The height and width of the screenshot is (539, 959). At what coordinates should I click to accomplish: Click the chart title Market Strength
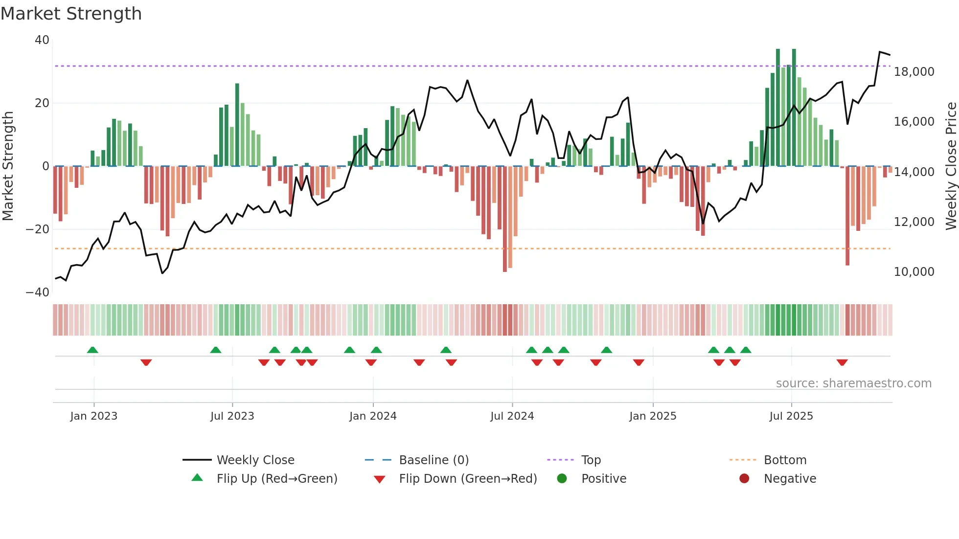click(x=71, y=14)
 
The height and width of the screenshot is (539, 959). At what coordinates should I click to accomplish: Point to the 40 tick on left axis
click(x=42, y=40)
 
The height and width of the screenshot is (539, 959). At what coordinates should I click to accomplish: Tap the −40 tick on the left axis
click(x=38, y=292)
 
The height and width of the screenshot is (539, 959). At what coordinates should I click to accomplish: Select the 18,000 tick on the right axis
click(x=913, y=72)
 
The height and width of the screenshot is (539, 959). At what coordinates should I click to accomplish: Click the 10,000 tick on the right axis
click(x=913, y=272)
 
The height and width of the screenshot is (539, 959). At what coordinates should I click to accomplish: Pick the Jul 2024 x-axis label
click(x=512, y=416)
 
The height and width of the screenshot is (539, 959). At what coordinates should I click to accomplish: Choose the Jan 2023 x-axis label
click(x=93, y=416)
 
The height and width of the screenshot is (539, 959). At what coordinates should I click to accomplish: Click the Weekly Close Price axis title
click(x=951, y=166)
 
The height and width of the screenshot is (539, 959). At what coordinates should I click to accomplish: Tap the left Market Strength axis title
click(x=8, y=166)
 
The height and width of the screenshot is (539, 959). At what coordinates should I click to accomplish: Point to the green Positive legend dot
click(x=562, y=479)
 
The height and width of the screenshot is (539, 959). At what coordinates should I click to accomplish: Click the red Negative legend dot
click(x=744, y=479)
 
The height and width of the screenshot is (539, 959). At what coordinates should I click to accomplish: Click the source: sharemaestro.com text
click(x=853, y=383)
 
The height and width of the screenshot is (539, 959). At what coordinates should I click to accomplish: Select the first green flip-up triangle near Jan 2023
click(x=92, y=350)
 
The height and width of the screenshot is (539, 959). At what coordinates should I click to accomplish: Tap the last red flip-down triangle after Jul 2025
click(x=842, y=362)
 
